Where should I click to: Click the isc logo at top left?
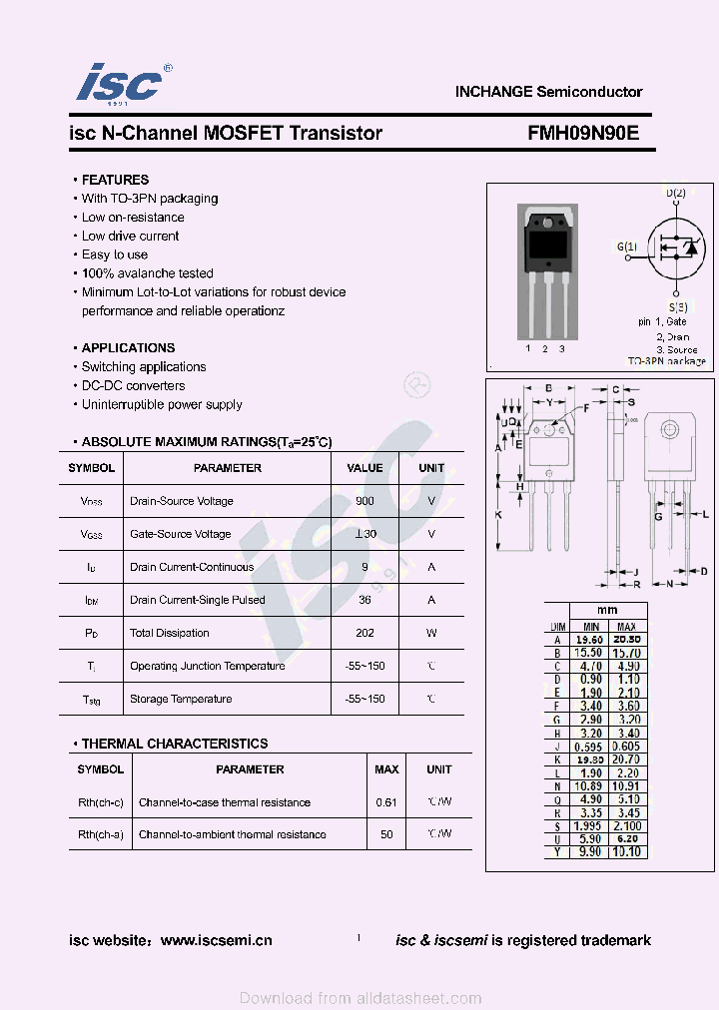click(119, 83)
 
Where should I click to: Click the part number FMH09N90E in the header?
click(583, 133)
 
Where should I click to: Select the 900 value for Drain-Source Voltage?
click(364, 501)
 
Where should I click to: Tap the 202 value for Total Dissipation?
click(364, 633)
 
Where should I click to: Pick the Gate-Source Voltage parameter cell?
click(180, 534)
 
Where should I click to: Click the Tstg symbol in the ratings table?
click(91, 700)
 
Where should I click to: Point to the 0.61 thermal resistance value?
click(386, 802)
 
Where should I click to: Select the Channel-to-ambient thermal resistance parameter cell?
click(232, 834)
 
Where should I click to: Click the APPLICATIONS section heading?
click(128, 348)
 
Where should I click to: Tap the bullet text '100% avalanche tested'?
click(147, 273)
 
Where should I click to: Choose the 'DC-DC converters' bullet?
click(133, 386)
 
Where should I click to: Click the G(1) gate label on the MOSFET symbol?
click(626, 247)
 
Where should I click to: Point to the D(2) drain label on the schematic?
click(675, 193)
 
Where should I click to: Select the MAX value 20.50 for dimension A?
click(626, 640)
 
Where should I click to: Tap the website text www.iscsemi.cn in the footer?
click(216, 940)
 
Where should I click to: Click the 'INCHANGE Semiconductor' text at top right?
click(548, 92)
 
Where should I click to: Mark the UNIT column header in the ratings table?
click(431, 468)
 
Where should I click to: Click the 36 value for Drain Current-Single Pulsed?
click(364, 600)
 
